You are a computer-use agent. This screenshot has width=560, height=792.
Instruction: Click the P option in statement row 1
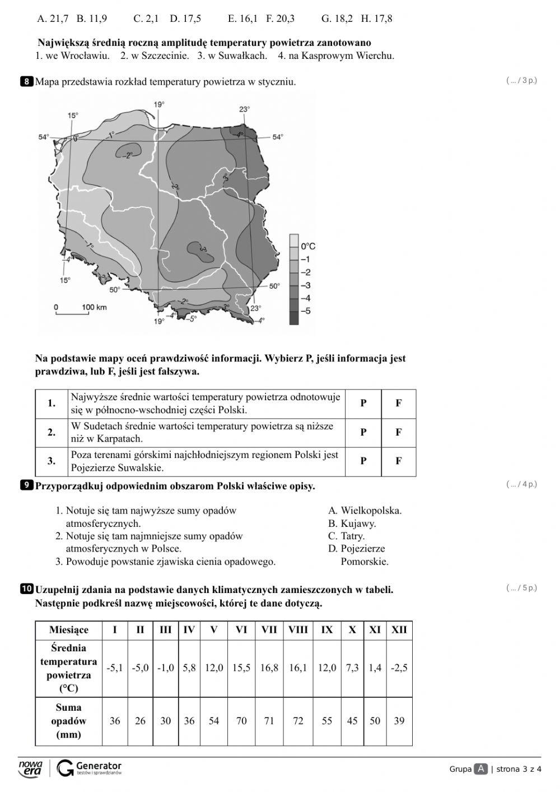click(363, 404)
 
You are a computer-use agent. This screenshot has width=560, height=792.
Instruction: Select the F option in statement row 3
click(398, 461)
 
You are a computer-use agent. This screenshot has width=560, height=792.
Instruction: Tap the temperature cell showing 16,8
click(269, 668)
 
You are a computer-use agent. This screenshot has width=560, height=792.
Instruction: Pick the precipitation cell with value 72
click(298, 721)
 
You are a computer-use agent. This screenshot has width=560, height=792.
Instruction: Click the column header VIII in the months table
click(298, 629)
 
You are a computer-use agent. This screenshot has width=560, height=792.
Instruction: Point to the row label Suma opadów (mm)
click(68, 721)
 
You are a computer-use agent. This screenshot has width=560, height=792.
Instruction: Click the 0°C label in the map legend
click(308, 246)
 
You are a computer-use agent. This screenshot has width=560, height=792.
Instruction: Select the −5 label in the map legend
click(306, 311)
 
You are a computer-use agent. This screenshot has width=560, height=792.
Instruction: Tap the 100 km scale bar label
click(94, 307)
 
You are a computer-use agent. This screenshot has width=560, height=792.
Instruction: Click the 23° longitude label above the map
click(245, 109)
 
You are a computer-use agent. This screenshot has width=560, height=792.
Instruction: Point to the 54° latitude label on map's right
click(278, 137)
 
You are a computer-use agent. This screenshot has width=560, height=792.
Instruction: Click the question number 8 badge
click(27, 82)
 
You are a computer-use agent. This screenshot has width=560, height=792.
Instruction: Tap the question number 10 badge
click(27, 589)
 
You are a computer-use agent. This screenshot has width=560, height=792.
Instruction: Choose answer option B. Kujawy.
click(352, 524)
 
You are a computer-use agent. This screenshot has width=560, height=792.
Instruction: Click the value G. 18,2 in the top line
click(337, 19)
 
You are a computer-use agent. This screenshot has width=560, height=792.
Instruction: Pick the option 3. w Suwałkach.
click(232, 55)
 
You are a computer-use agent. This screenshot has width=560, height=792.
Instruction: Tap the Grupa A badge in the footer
click(480, 769)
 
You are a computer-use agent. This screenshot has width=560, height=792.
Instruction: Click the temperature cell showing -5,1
click(114, 668)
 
